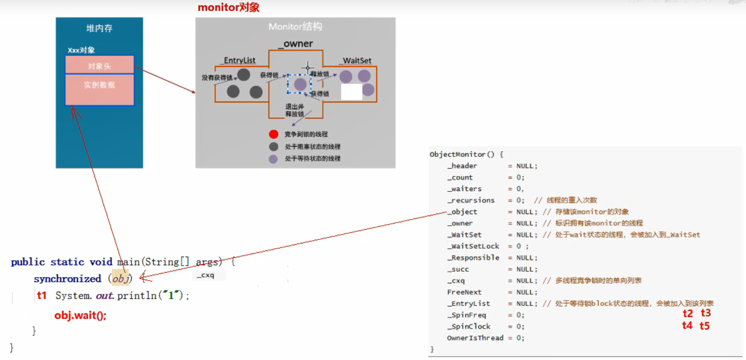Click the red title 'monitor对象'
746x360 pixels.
point(228,8)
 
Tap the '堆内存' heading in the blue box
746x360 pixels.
point(99,28)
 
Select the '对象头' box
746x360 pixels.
point(99,66)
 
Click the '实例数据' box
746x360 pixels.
point(99,85)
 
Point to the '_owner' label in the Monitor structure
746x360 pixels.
point(296,43)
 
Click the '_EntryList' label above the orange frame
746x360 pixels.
point(238,60)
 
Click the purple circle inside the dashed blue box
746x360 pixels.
point(300,84)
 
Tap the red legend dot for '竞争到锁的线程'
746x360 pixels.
point(273,134)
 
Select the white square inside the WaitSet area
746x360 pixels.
point(352,92)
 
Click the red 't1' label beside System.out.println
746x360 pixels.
point(42,296)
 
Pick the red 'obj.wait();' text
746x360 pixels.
point(80,316)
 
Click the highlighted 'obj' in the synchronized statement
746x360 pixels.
point(120,278)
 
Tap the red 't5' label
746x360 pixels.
point(704,326)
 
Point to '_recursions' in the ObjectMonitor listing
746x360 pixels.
point(471,200)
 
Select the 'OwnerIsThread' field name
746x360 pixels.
point(475,338)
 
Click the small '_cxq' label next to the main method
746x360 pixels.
point(206,275)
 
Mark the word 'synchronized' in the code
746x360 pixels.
point(67,279)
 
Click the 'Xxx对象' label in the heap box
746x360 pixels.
point(81,50)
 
